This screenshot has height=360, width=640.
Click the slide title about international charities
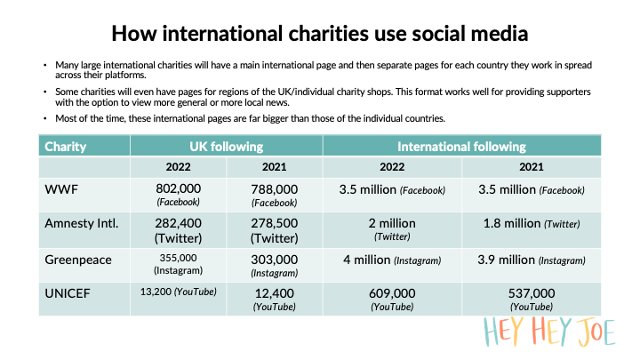[320, 35]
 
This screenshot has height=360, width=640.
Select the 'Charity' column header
[67, 146]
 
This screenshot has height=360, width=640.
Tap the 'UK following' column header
[226, 146]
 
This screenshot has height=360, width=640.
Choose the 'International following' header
[461, 146]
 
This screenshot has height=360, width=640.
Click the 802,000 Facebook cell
[178, 194]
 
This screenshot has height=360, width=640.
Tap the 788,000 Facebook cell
[274, 194]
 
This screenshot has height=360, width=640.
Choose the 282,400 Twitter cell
[178, 228]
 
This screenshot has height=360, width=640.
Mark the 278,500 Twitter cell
[274, 228]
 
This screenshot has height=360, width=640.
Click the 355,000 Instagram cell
[178, 264]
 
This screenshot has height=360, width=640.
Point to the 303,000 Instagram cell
[274, 264]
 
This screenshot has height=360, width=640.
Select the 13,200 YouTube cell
[178, 291]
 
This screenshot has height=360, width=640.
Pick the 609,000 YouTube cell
[392, 298]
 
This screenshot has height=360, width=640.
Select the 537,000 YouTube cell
[532, 298]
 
